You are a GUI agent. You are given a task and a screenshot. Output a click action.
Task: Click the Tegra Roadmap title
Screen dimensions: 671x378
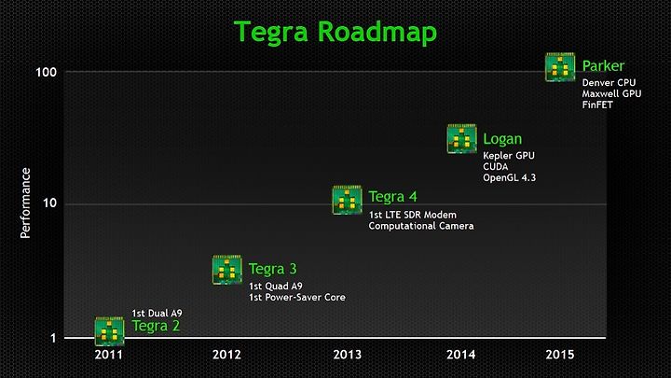point(335,33)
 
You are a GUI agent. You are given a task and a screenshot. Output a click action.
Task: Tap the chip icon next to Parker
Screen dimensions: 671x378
point(560,67)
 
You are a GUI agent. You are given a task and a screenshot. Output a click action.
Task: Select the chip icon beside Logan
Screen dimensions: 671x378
point(461,138)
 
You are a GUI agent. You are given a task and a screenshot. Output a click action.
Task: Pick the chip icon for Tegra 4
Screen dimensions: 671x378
point(347,200)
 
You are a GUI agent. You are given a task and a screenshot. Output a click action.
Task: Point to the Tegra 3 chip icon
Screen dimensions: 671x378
point(226,270)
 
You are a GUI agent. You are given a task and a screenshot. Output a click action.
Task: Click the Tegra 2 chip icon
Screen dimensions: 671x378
point(109,331)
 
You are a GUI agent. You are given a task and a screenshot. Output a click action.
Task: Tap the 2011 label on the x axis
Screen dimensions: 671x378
point(109,355)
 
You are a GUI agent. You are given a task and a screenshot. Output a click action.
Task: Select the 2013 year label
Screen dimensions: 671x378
point(347,355)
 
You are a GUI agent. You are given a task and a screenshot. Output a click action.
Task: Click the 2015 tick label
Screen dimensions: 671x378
point(560,355)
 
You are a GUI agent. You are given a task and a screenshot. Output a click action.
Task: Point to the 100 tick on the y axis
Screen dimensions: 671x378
point(47,72)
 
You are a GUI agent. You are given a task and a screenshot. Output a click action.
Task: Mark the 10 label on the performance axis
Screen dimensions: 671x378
point(49,203)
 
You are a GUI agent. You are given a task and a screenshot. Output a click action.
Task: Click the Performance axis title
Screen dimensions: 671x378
point(26,203)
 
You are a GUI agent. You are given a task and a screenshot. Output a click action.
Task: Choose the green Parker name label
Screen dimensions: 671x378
point(603,66)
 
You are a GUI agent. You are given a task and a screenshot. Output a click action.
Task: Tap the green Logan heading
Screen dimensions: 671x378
point(502,139)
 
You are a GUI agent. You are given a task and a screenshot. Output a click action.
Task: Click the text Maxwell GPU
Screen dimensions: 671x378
point(611,93)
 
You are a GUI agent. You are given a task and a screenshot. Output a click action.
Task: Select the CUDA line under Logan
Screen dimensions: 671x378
point(496,166)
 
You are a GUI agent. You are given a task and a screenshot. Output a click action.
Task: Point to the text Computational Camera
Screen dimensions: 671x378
point(421,226)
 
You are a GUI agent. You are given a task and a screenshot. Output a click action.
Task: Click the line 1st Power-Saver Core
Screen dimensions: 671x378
point(297,297)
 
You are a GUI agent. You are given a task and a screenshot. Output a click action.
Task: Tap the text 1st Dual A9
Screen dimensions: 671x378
point(157,314)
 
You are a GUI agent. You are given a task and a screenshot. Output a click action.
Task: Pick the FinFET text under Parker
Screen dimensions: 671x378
point(597,105)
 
